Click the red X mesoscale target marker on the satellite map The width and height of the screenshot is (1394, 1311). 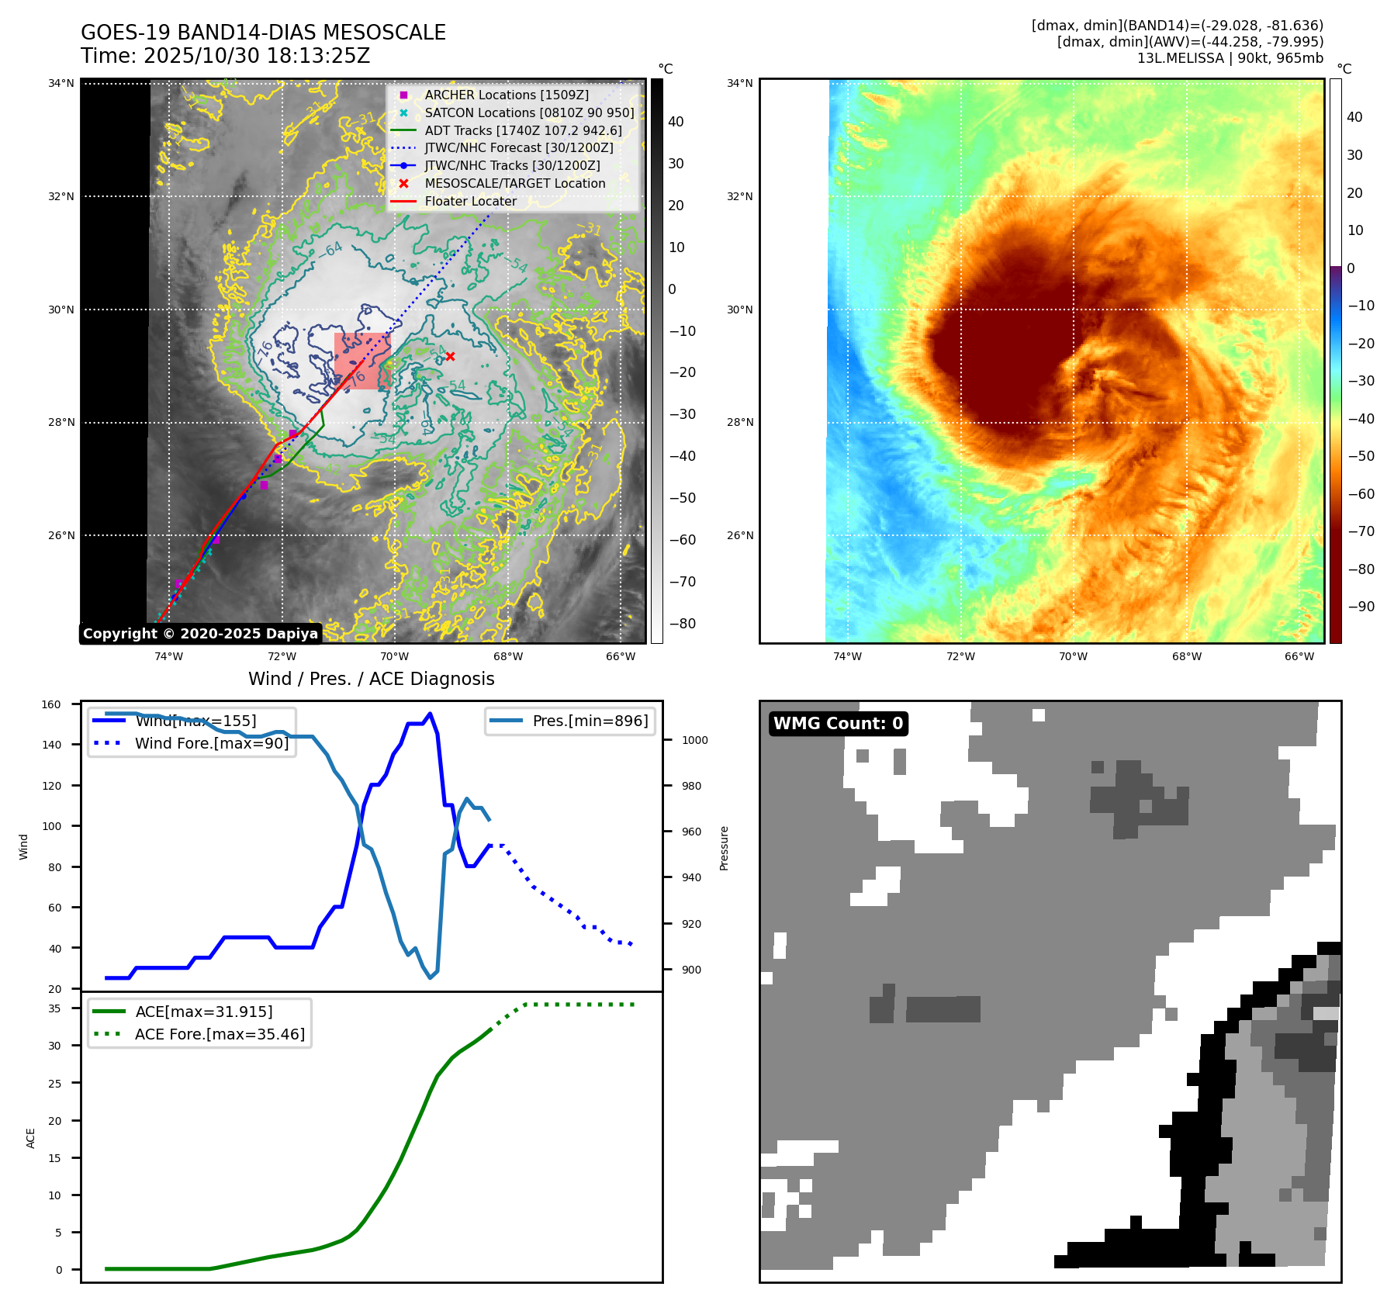(x=450, y=357)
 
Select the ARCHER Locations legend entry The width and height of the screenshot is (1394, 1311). (x=506, y=95)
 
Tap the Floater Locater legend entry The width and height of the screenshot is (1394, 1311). (x=470, y=201)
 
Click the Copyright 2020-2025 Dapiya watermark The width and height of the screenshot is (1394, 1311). (x=200, y=634)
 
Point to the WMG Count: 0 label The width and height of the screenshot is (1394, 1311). (x=838, y=724)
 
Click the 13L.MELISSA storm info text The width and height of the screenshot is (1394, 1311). (x=1230, y=58)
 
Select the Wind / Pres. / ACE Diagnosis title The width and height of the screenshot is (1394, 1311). (x=371, y=679)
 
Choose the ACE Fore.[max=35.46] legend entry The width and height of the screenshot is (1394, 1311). (x=220, y=1034)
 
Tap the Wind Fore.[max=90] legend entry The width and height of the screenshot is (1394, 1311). (x=211, y=743)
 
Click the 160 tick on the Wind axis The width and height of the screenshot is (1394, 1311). (x=51, y=705)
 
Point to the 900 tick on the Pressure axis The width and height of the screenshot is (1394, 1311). (x=691, y=970)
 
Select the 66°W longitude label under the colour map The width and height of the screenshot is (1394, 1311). (x=1299, y=656)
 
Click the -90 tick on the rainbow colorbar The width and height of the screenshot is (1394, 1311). (x=1361, y=607)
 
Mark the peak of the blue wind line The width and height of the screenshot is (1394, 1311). (x=431, y=714)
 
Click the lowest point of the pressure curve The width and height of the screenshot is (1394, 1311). (x=431, y=977)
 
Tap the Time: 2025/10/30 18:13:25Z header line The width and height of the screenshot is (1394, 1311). (x=225, y=56)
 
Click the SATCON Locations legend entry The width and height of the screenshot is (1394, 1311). (x=529, y=112)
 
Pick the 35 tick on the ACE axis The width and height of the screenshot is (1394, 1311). (x=54, y=1008)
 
